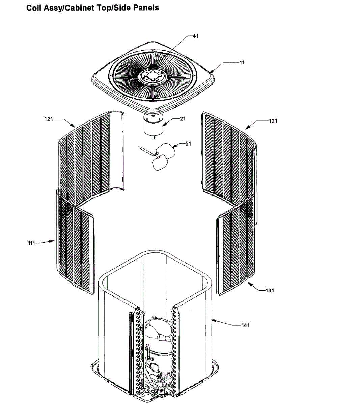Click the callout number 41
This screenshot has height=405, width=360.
click(x=195, y=36)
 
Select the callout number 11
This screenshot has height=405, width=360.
click(x=242, y=63)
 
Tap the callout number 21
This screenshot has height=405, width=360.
click(x=183, y=119)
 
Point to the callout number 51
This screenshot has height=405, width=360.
click(x=188, y=144)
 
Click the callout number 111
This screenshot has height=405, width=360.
click(x=31, y=243)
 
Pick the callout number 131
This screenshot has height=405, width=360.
click(x=270, y=290)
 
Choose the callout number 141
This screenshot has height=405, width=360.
click(x=246, y=325)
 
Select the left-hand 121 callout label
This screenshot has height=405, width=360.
click(x=48, y=119)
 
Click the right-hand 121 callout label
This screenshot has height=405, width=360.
click(x=273, y=121)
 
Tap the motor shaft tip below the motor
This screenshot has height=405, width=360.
click(x=154, y=138)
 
